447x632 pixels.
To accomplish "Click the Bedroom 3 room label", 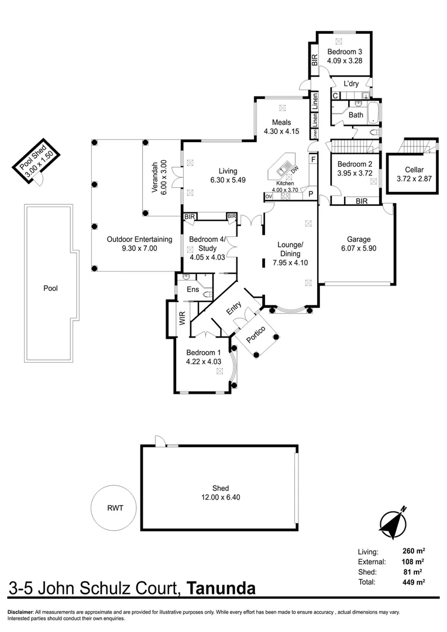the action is (344, 51).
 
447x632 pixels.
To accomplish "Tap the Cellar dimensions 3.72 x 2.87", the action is (414, 178).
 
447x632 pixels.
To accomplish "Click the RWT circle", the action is (114, 508).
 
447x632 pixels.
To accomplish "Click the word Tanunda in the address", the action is (222, 589).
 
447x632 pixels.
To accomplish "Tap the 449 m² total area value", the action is (412, 582).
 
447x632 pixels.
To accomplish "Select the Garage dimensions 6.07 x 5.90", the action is (358, 248).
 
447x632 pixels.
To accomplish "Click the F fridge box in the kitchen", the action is (313, 160).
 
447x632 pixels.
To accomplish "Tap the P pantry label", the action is (311, 194).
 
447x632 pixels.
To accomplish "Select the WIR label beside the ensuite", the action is (182, 318).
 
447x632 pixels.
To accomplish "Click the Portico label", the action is (256, 334).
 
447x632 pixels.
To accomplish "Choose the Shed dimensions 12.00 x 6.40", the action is (221, 497).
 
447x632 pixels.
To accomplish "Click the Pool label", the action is (50, 288).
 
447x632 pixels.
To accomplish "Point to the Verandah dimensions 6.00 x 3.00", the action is (164, 177).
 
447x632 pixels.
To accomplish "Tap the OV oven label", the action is (269, 196).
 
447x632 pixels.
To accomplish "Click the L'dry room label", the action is (351, 84).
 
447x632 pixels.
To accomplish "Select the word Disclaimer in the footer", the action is (20, 612).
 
